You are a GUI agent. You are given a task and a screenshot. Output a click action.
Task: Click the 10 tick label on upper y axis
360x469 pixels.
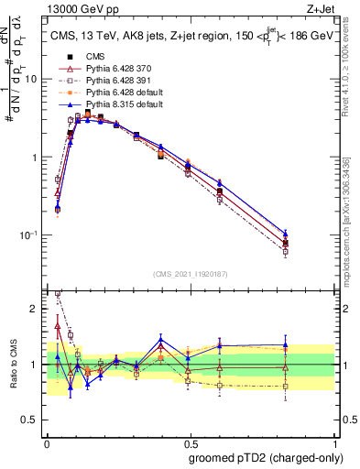coord(30,79)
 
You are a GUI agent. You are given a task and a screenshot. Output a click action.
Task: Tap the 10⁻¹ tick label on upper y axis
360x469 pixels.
coord(28,235)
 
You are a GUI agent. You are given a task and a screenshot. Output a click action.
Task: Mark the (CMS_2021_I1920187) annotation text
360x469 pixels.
coord(190,273)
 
